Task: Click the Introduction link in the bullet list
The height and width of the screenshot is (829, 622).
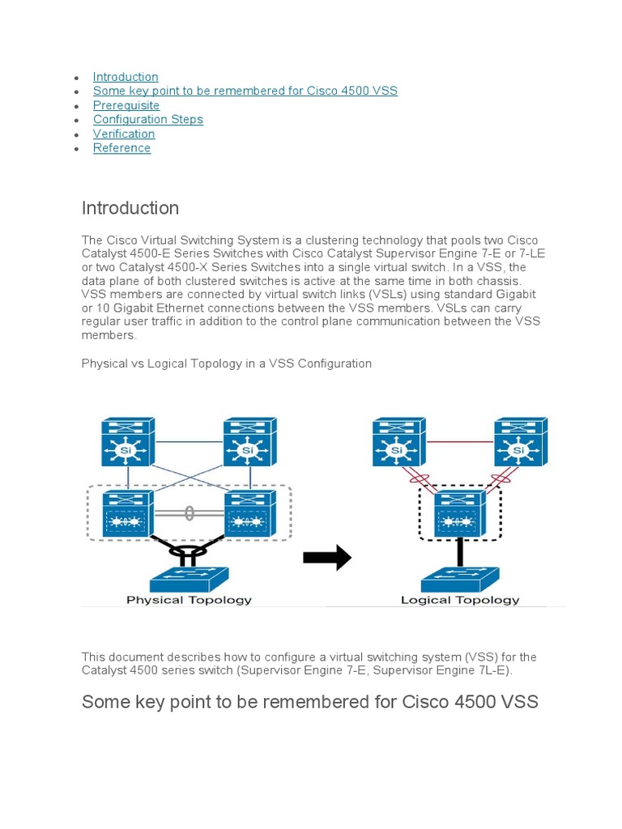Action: tap(126, 77)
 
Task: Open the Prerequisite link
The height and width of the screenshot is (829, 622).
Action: tap(126, 105)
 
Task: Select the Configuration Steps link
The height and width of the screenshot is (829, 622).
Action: tap(147, 119)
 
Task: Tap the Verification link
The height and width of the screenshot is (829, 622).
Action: tap(124, 134)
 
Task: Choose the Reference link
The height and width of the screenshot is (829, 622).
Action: tap(121, 147)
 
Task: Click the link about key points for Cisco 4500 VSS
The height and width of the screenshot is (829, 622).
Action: tap(245, 91)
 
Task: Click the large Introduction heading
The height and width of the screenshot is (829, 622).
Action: tap(130, 208)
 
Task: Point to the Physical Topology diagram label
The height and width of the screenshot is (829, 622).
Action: tap(189, 600)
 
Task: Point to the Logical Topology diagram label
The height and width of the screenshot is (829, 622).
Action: tap(460, 600)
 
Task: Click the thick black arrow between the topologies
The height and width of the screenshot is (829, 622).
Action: tap(327, 558)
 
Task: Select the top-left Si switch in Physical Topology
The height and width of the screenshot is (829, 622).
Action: tap(128, 442)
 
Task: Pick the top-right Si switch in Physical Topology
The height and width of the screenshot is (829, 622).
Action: tap(249, 442)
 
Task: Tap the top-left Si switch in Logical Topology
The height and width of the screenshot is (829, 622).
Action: tap(398, 442)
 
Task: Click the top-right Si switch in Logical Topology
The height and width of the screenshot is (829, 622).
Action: tap(521, 442)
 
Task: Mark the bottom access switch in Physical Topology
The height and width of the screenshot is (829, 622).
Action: tap(190, 578)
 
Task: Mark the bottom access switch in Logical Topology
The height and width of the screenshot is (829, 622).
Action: tap(460, 578)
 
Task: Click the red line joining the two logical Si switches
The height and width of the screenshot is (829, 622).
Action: tap(459, 442)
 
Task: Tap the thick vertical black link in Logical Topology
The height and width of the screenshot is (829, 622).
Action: tap(460, 551)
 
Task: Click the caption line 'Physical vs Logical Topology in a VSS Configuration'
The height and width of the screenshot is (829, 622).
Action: tap(226, 363)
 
